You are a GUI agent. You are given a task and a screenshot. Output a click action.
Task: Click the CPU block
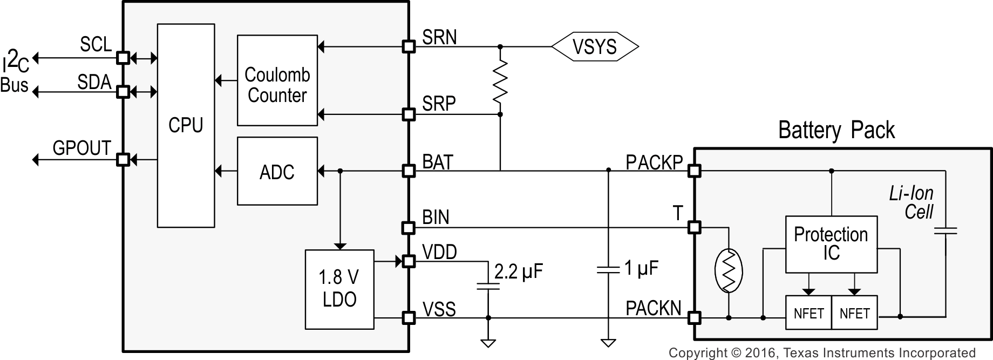tap(186, 125)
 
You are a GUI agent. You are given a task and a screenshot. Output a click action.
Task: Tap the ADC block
tap(277, 172)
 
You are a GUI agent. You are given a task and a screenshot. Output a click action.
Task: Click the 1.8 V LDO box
tap(339, 289)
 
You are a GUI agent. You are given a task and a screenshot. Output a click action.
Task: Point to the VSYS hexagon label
tap(594, 47)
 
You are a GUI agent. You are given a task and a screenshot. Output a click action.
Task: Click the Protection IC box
tap(831, 244)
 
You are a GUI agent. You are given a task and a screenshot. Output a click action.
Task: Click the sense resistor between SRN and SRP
tap(500, 81)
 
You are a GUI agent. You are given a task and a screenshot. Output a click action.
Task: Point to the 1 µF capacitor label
tap(641, 268)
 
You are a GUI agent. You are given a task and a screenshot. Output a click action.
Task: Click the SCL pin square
tap(123, 57)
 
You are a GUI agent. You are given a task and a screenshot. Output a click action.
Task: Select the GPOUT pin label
tap(81, 148)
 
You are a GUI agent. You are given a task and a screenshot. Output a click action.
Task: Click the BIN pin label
tap(436, 217)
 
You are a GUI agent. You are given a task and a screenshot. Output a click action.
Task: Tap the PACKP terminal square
tap(695, 171)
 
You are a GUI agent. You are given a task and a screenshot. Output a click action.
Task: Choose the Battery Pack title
tap(836, 130)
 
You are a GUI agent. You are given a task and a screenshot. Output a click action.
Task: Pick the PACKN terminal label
tap(653, 309)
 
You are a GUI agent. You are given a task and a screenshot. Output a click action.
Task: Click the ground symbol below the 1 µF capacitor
tap(608, 342)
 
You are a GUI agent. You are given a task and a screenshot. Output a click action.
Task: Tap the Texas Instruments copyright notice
tap(821, 353)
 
